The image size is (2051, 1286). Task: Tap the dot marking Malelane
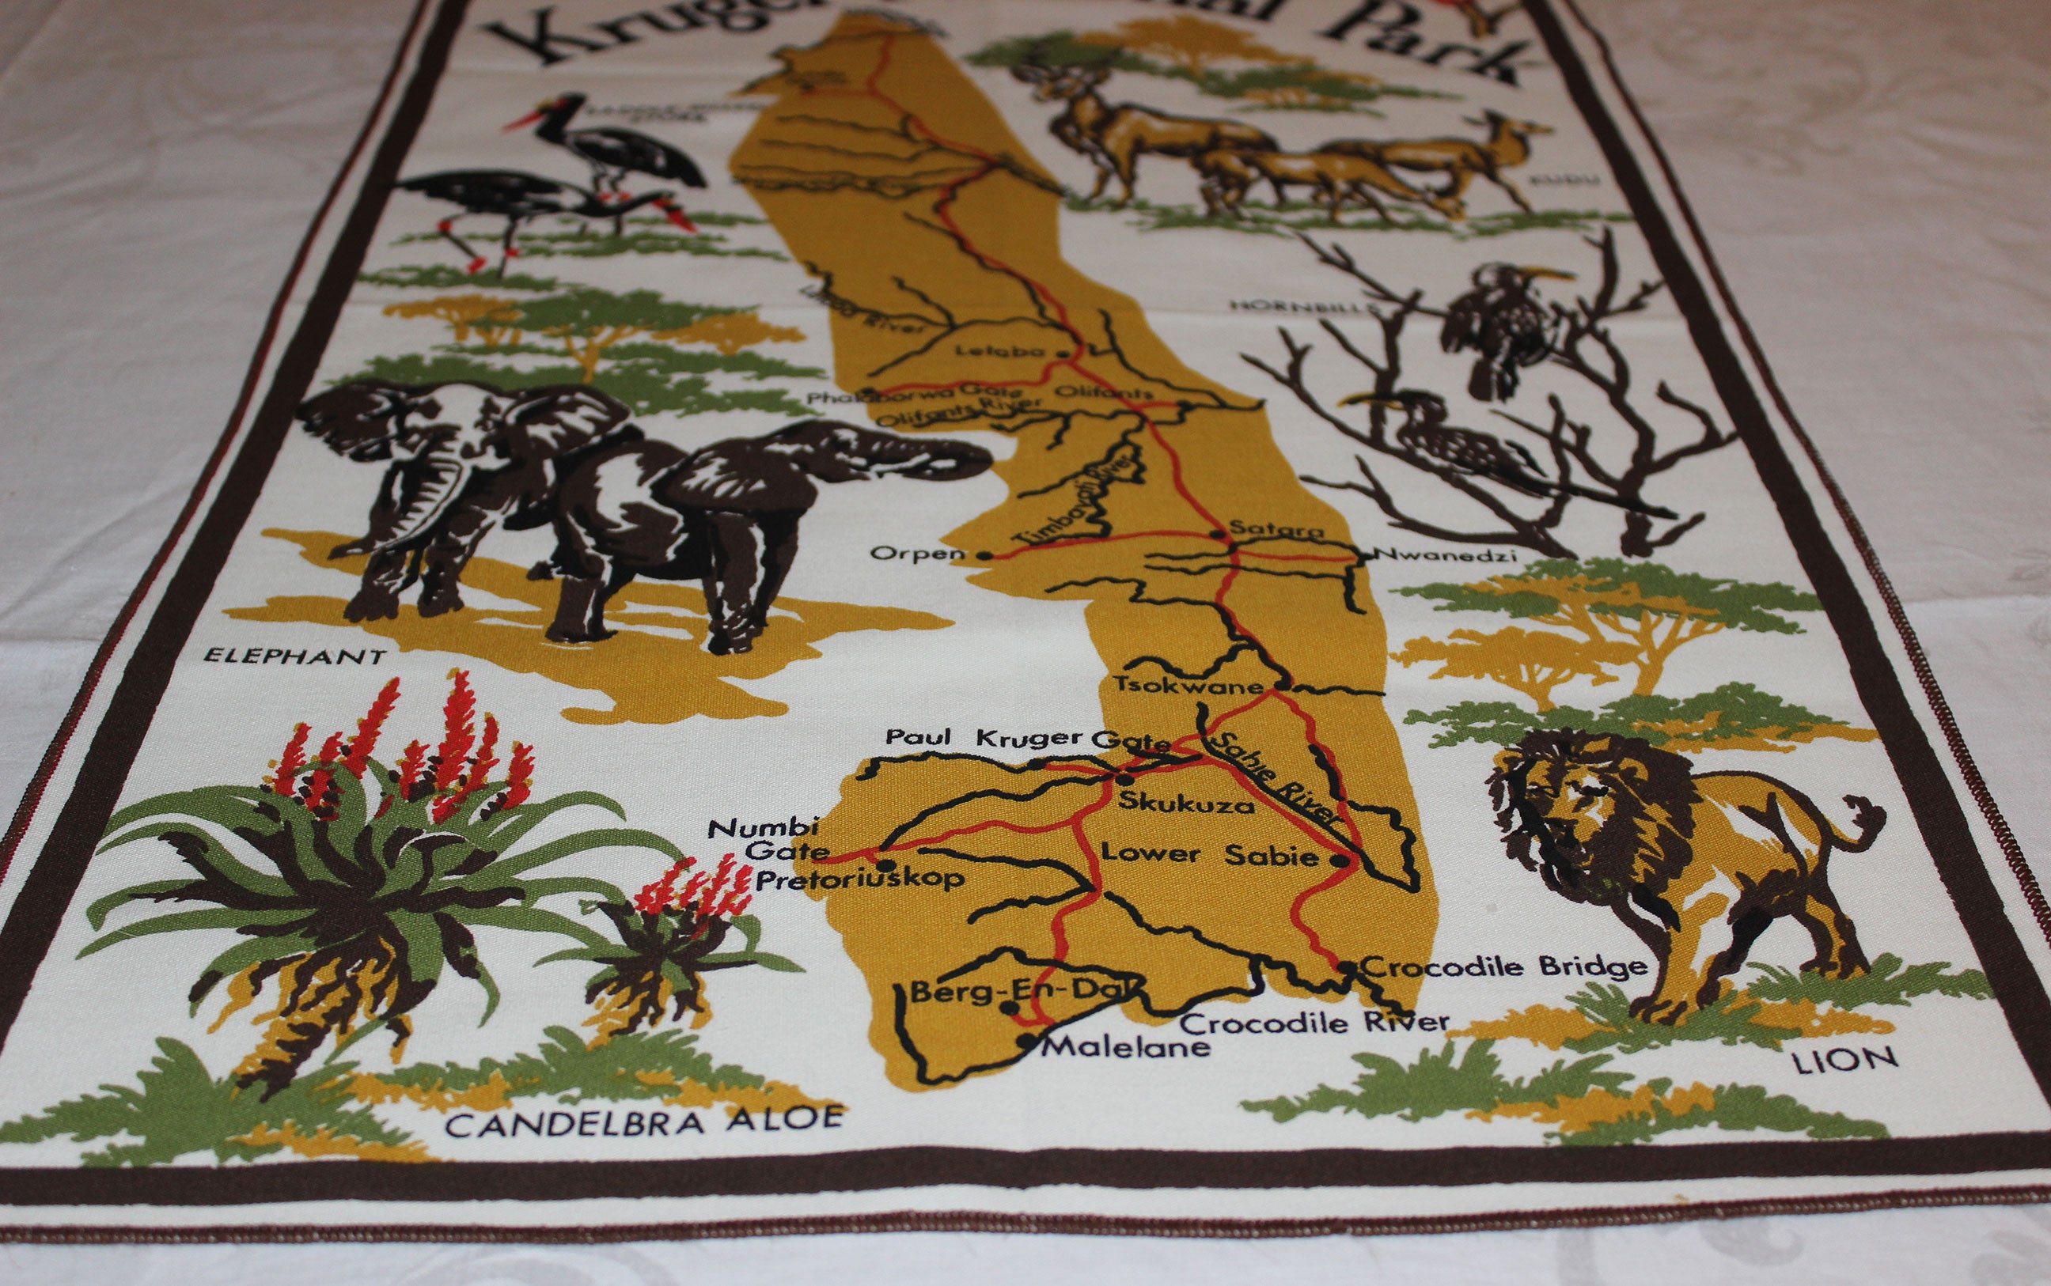1030,1038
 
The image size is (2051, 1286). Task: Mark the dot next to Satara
1219,535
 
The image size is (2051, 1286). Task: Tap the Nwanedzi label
1446,557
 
